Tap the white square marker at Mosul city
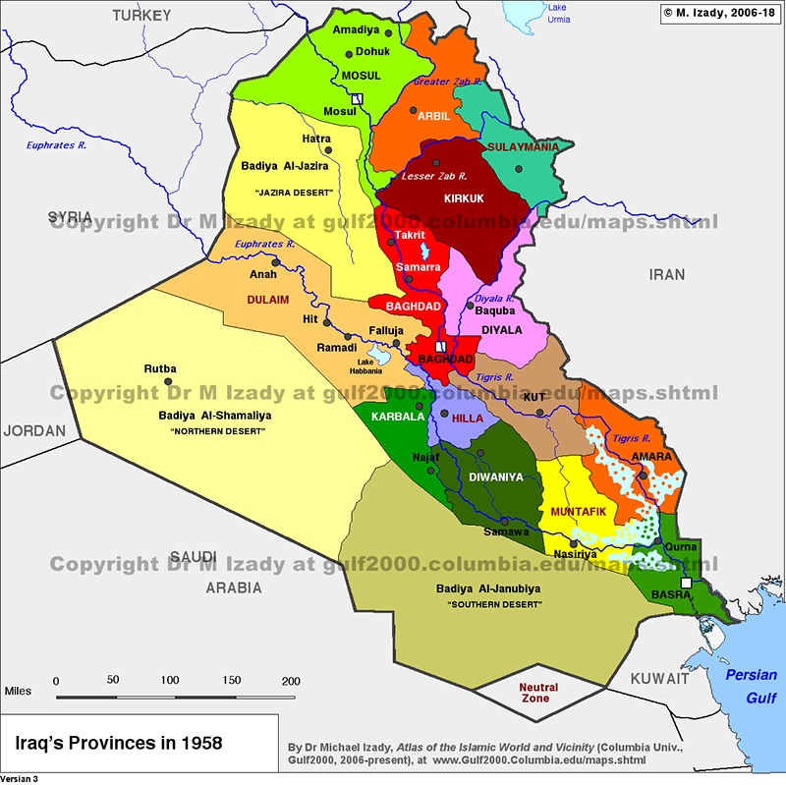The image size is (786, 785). coord(358,98)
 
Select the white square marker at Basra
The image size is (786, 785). coord(686,584)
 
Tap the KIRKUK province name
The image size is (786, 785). coord(465,198)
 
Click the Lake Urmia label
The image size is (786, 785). coord(557,13)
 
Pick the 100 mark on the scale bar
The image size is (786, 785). coord(170,681)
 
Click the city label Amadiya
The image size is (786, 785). coord(356,31)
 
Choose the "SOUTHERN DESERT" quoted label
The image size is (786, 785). coord(494,605)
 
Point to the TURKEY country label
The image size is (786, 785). coord(141,15)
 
